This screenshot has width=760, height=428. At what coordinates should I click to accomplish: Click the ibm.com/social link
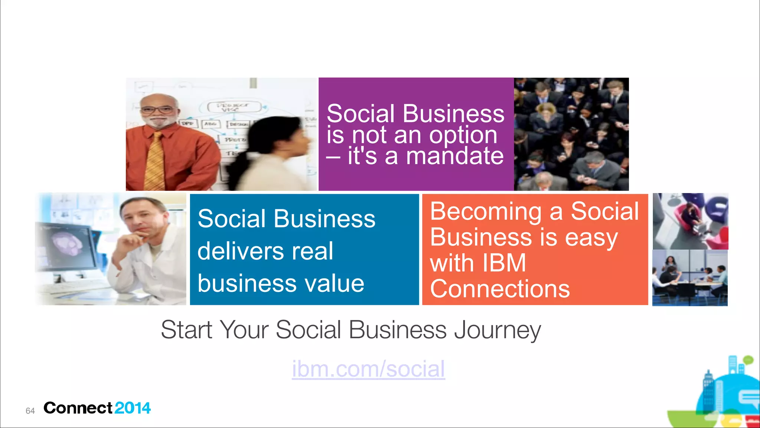[x=368, y=369]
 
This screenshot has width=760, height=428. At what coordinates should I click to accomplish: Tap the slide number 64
[x=30, y=411]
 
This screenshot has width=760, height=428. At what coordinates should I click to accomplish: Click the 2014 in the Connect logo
[x=132, y=408]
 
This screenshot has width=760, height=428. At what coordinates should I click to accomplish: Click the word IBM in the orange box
[x=504, y=263]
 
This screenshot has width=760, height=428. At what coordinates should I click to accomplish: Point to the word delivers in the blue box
[x=240, y=251]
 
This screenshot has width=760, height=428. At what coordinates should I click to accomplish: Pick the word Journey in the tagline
[x=497, y=330]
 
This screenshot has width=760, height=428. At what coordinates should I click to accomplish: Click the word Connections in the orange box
[x=499, y=289]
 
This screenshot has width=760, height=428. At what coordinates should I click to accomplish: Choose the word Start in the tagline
[x=186, y=330]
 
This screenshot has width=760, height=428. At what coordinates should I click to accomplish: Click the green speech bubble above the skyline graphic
[x=748, y=360]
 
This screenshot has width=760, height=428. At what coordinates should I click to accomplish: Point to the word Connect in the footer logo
[x=78, y=408]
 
